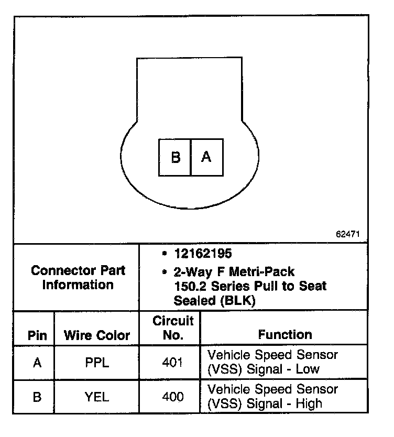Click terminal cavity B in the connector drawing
(x=176, y=157)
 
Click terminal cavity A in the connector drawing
(x=206, y=157)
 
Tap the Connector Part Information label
(x=78, y=278)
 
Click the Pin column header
(x=37, y=335)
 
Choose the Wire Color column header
(x=97, y=335)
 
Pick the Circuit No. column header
(x=173, y=327)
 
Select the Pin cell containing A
(x=37, y=363)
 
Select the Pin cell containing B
(x=37, y=397)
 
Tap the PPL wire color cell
(x=97, y=363)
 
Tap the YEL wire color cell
(x=97, y=397)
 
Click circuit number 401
(x=173, y=363)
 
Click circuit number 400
(x=173, y=397)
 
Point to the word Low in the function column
(x=308, y=369)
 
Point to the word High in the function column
(x=309, y=403)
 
